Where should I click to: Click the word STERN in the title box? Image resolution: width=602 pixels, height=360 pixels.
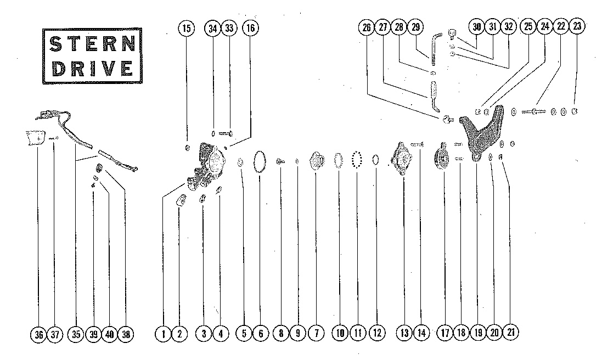tap(93, 44)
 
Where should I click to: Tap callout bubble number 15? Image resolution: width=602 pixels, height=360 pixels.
tap(187, 28)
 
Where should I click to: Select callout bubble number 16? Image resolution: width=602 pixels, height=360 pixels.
tap(250, 27)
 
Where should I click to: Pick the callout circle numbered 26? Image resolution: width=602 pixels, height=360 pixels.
tap(367, 27)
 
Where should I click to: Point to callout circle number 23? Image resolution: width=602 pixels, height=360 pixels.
tap(577, 26)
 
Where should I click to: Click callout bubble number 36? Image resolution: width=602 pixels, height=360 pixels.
tap(38, 335)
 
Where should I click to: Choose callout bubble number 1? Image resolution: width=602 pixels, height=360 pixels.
tap(163, 334)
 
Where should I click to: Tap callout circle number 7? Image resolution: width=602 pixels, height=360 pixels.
tap(317, 333)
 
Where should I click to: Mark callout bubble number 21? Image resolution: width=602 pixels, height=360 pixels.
tap(510, 332)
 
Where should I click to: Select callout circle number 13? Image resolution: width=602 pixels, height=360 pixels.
tap(404, 333)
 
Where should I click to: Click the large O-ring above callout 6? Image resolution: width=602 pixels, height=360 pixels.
tap(260, 161)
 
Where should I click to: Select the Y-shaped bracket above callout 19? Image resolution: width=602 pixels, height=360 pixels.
tap(480, 134)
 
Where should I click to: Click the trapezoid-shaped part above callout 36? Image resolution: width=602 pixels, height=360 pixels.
tap(34, 138)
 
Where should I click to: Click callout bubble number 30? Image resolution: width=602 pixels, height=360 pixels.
tap(477, 26)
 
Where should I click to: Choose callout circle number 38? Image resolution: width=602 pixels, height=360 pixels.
tap(126, 335)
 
